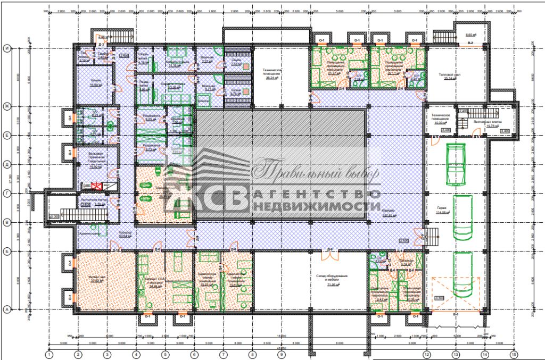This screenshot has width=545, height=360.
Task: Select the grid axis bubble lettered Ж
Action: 7,106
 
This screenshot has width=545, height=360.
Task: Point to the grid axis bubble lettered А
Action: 7,308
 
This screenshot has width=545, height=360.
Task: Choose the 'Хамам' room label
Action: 96,82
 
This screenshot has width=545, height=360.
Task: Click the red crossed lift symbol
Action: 97,186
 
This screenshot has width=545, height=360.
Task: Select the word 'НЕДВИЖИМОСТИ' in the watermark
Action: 317,206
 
